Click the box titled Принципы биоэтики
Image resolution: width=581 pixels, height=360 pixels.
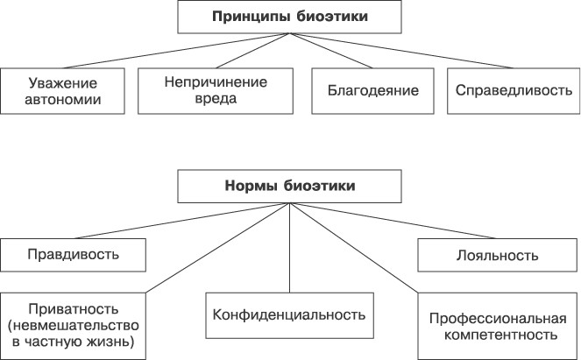(x=290, y=17)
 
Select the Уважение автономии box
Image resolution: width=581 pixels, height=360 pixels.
(x=62, y=90)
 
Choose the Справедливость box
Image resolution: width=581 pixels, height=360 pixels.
(x=514, y=89)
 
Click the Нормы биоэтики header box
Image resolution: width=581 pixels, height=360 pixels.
(x=290, y=186)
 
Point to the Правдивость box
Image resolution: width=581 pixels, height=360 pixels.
(x=72, y=255)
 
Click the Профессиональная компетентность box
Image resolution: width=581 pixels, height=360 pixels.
(x=497, y=324)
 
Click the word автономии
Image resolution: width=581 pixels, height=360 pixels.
(x=62, y=99)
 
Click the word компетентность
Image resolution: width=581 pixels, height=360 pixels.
(x=497, y=334)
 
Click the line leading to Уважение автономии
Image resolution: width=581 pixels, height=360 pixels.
(x=175, y=50)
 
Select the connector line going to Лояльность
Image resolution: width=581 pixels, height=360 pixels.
(x=394, y=222)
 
